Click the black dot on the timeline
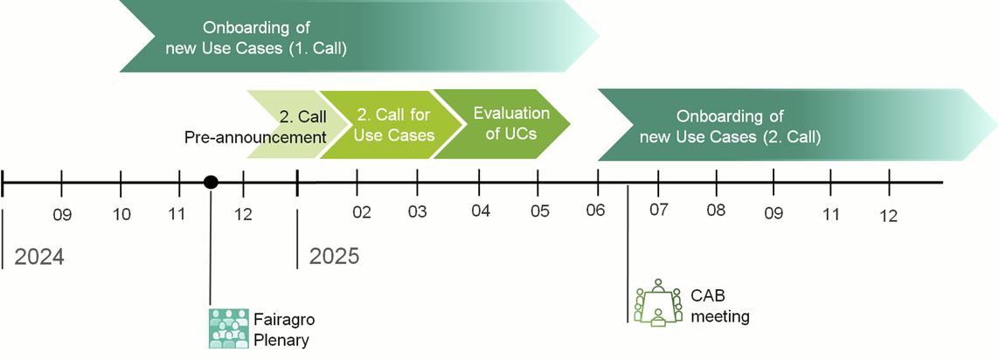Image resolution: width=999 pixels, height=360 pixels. tap(211, 183)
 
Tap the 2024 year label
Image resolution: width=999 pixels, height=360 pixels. tap(39, 257)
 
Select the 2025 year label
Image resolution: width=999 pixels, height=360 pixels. tap(335, 256)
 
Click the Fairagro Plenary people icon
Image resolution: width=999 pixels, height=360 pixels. tap(228, 329)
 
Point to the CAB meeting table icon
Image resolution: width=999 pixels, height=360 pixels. tap(658, 302)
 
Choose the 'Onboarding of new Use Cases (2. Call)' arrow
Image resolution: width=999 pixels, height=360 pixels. tap(796, 125)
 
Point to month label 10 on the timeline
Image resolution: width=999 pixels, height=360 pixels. tap(121, 215)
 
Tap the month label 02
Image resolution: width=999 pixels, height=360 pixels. tap(361, 213)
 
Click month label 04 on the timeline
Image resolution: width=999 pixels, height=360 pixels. tap(481, 211)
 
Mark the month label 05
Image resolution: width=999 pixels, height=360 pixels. tap(539, 211)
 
